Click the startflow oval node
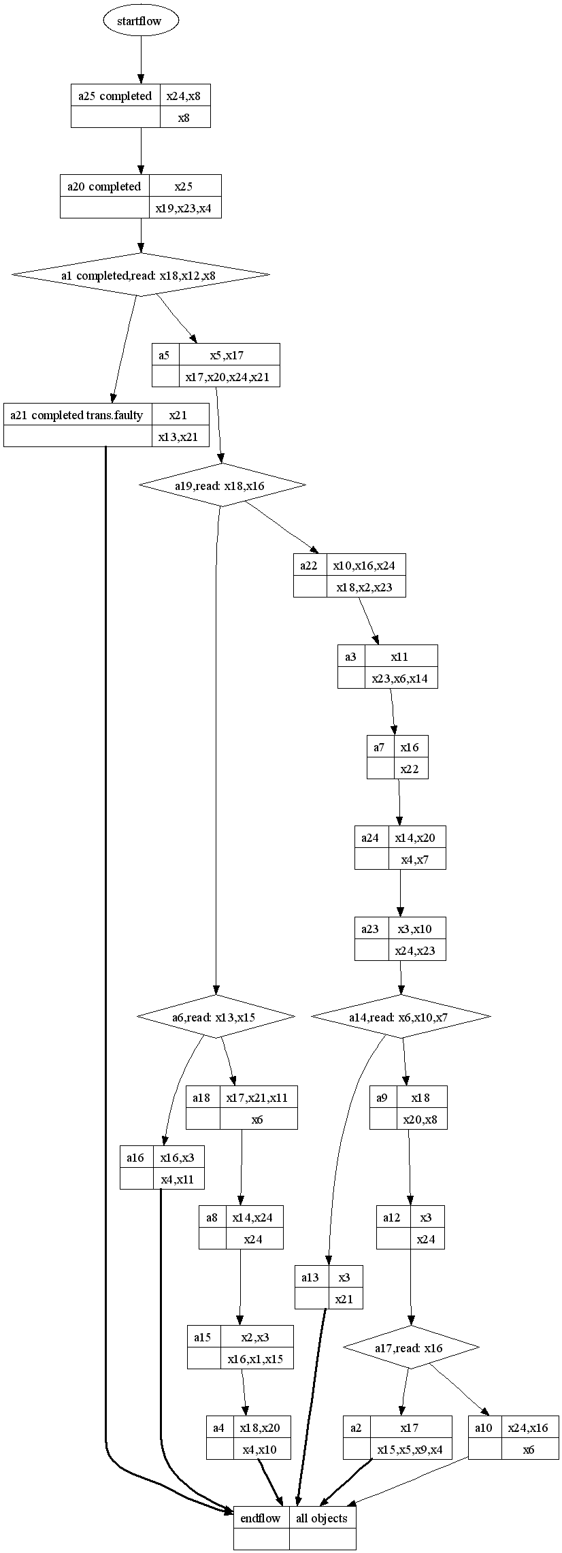click(141, 21)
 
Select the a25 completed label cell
click(115, 96)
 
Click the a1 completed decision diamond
click(141, 275)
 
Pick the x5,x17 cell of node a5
click(229, 355)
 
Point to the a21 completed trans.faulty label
click(77, 414)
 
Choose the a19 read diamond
click(222, 485)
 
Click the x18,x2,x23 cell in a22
click(365, 587)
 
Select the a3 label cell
click(351, 657)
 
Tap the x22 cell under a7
click(410, 768)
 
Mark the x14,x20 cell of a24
click(416, 837)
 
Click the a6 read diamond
click(216, 1017)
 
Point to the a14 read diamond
click(400, 1017)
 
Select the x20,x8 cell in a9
click(421, 1119)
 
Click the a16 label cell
click(136, 1157)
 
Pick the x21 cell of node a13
click(344, 1298)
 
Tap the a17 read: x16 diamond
click(410, 1347)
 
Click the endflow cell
click(261, 1518)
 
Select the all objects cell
click(322, 1518)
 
